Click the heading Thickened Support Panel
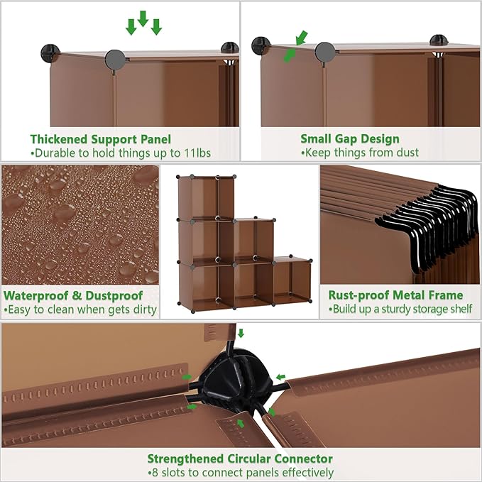100,139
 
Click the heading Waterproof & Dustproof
73,295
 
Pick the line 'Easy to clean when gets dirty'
80,310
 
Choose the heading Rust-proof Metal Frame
395,295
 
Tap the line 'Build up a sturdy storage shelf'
400,310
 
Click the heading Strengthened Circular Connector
240,459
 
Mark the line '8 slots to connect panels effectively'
240,473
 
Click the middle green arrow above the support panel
143,18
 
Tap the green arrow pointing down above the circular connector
241,332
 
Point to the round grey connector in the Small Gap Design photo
324,51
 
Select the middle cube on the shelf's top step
253,240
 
